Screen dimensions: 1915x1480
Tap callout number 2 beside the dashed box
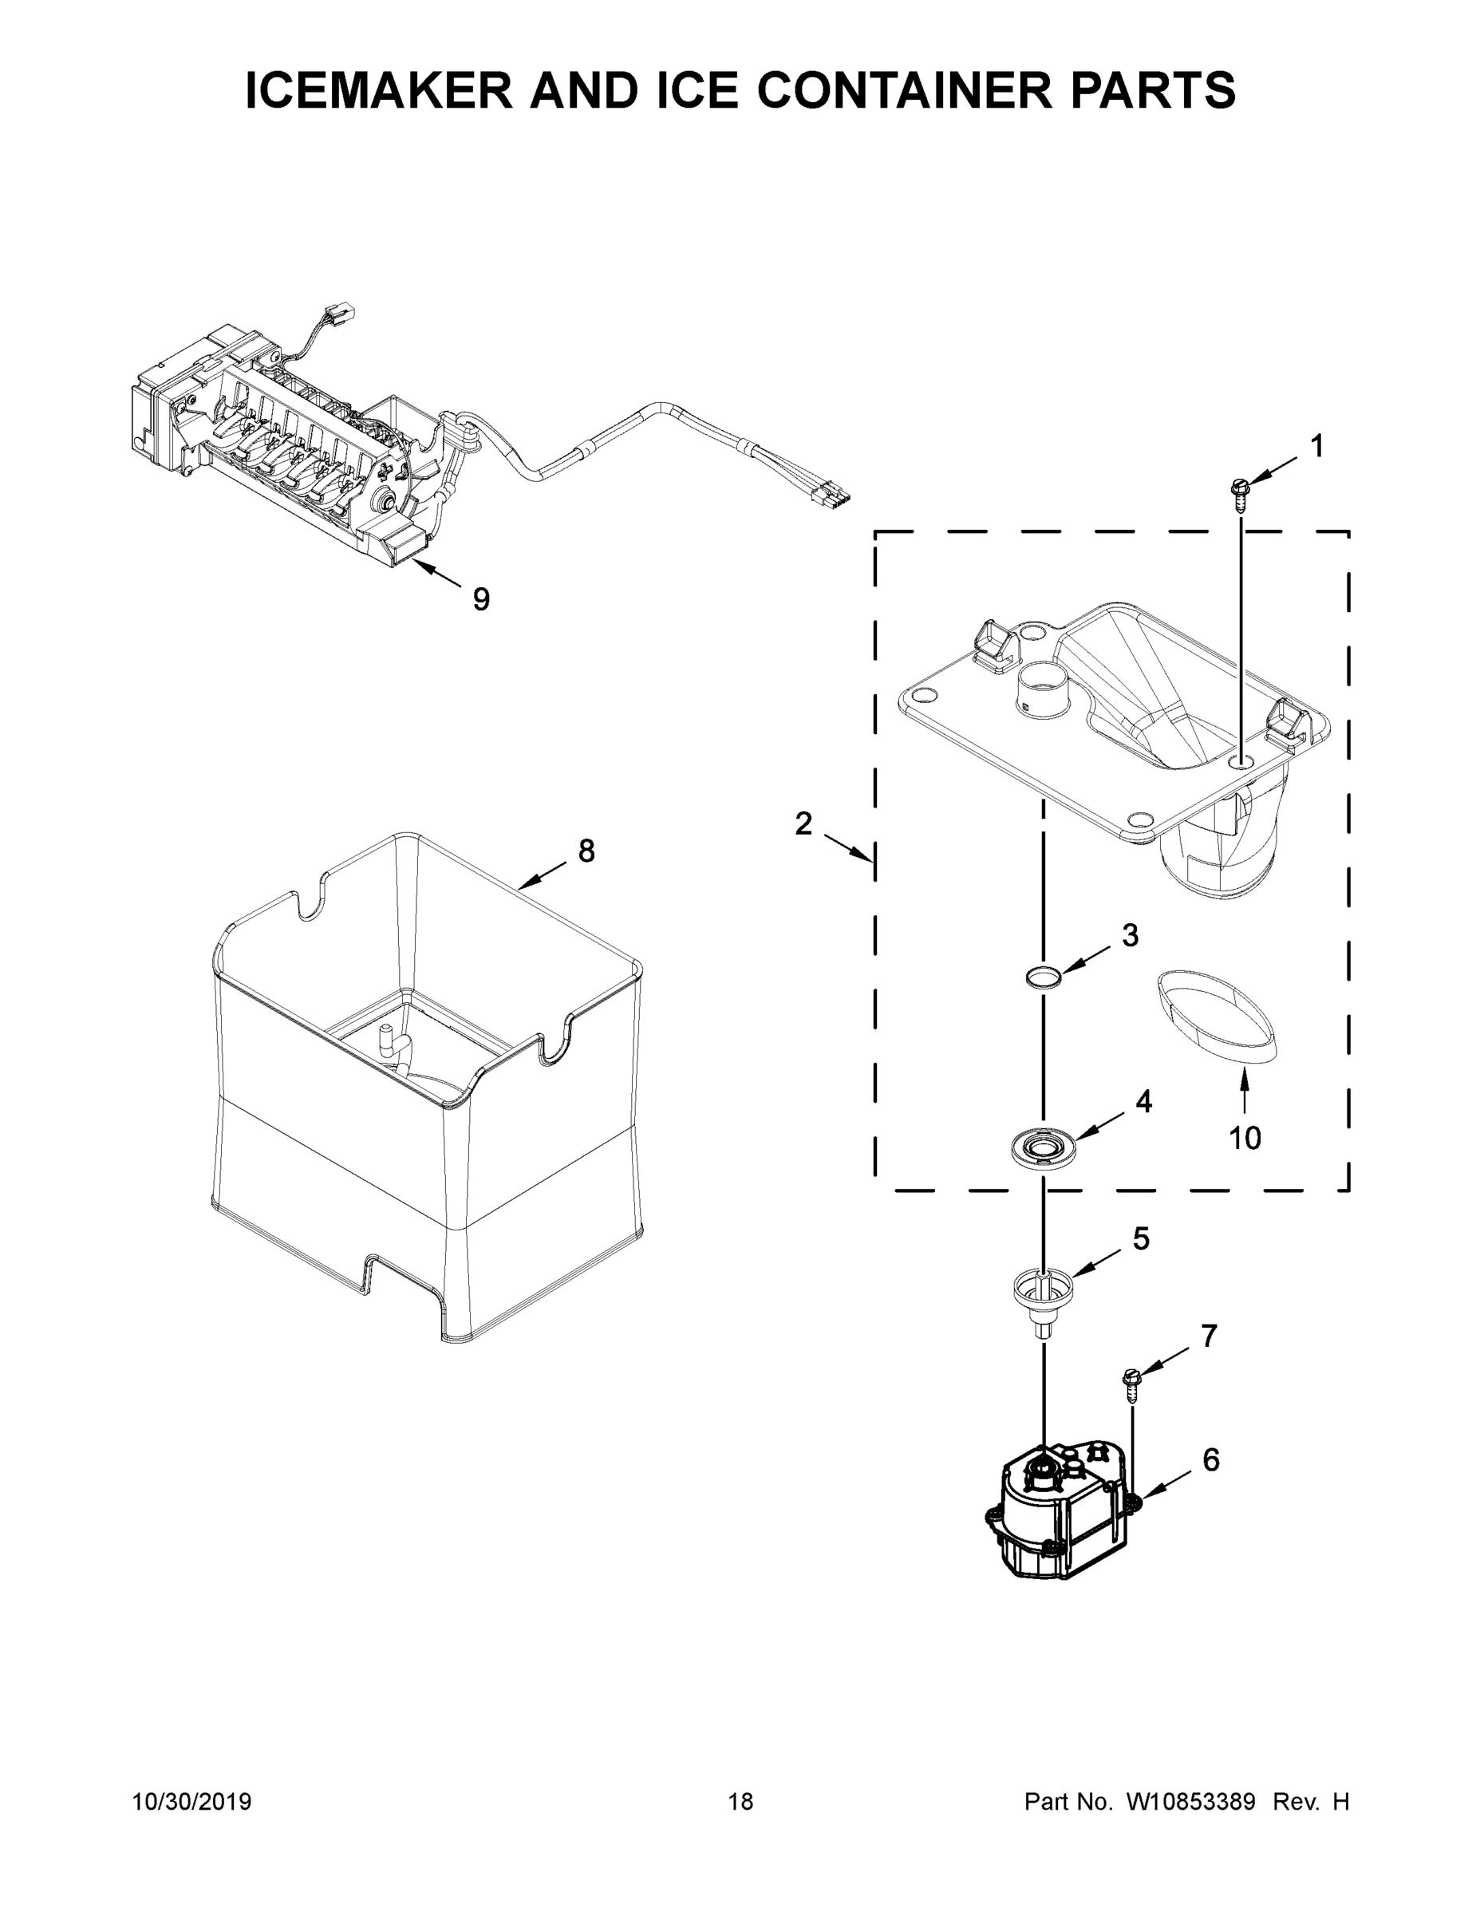(x=803, y=823)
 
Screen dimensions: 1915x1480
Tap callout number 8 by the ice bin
(x=586, y=850)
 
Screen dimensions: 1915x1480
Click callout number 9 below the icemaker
(x=481, y=599)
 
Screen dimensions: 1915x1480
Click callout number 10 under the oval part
(x=1244, y=1138)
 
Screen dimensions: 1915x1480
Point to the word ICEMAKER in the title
(x=380, y=90)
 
